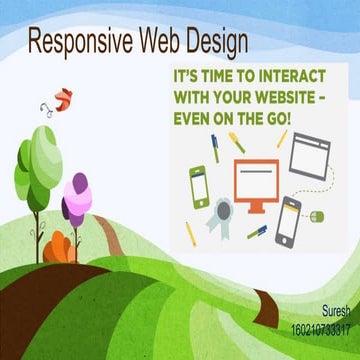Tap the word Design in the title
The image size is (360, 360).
point(218,41)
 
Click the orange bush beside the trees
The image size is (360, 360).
point(61,243)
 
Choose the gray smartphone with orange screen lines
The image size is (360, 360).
point(288,221)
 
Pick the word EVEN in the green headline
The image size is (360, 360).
point(196,119)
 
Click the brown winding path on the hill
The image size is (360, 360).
point(120,246)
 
